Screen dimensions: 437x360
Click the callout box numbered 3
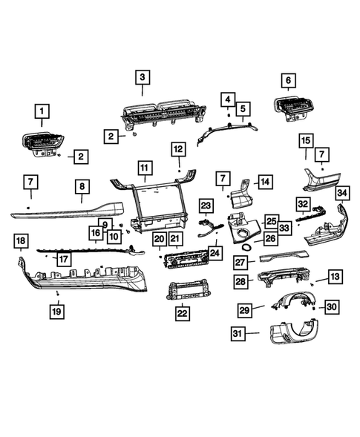click(141, 76)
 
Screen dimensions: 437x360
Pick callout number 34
click(341, 194)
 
